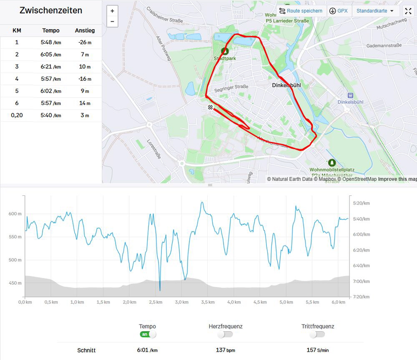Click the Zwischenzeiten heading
click(x=51, y=11)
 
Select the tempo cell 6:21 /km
click(x=51, y=67)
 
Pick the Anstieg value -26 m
click(x=85, y=42)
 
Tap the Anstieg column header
click(x=85, y=30)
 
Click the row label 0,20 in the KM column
click(x=17, y=115)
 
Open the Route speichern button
click(x=301, y=11)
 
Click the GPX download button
click(x=338, y=11)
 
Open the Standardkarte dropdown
click(x=375, y=11)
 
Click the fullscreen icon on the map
click(x=408, y=11)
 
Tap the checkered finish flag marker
click(x=211, y=108)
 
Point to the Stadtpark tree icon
click(x=225, y=51)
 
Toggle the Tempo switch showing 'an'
click(x=148, y=334)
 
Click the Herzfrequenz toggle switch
click(x=225, y=334)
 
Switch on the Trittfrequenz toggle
click(x=317, y=334)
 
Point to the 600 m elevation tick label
click(x=15, y=214)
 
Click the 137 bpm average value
click(x=225, y=350)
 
